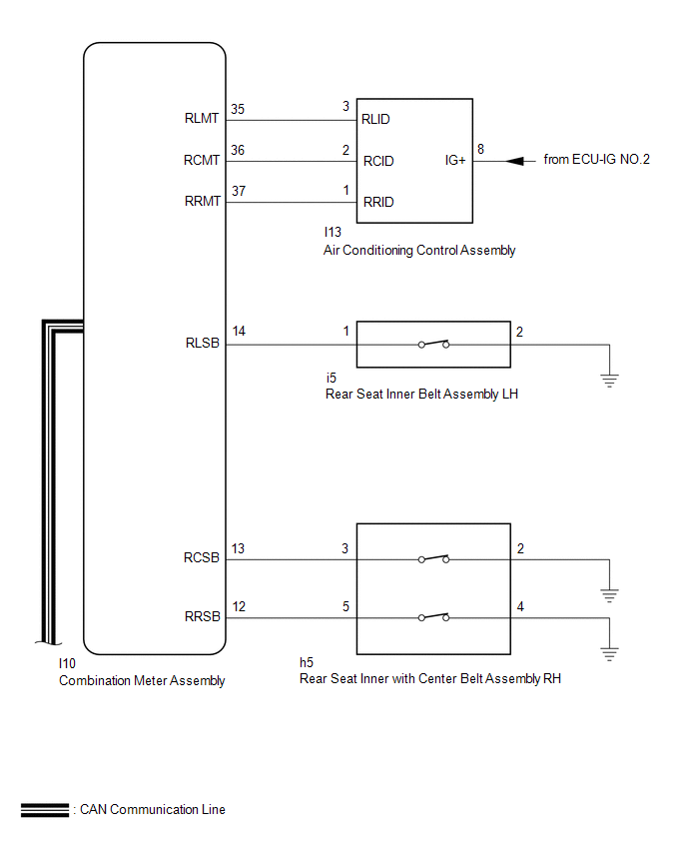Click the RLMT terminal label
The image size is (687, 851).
click(x=202, y=118)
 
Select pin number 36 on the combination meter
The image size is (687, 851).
click(x=238, y=150)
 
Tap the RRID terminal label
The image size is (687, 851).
click(x=378, y=202)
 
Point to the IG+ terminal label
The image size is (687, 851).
click(x=455, y=160)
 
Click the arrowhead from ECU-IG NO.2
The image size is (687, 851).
click(x=515, y=161)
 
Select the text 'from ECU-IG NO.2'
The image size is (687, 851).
click(x=596, y=159)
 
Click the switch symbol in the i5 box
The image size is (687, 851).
click(x=433, y=344)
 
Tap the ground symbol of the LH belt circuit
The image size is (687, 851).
click(x=609, y=381)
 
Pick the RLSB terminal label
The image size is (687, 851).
click(x=203, y=343)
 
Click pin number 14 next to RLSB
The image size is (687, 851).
click(x=239, y=331)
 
